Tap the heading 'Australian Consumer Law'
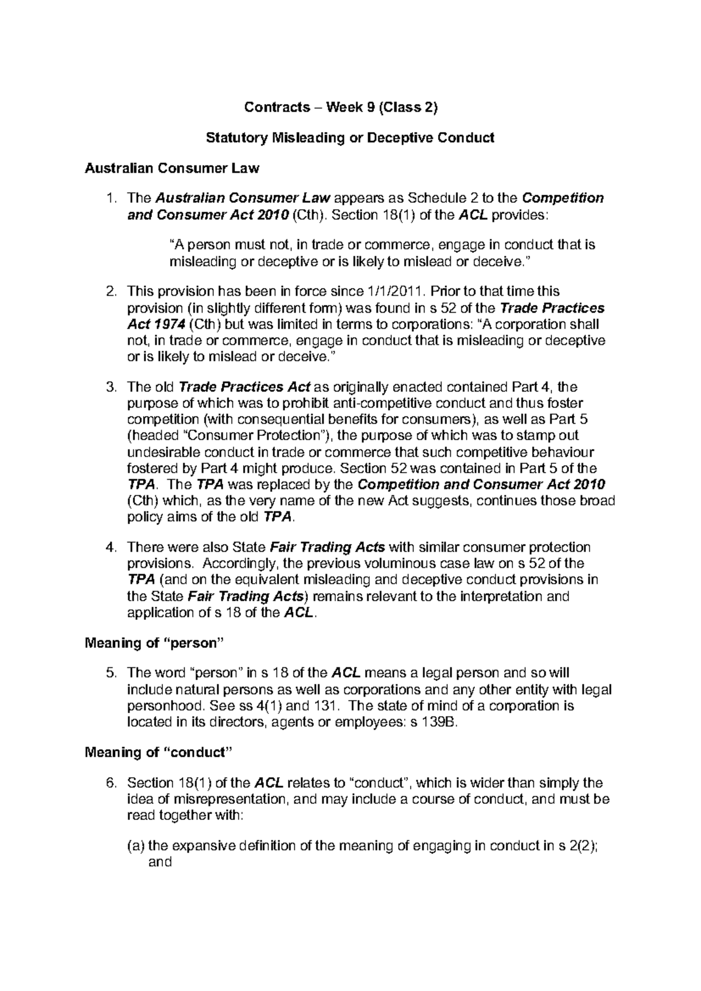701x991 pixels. coord(172,169)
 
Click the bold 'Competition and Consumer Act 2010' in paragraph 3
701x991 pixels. coord(481,485)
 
